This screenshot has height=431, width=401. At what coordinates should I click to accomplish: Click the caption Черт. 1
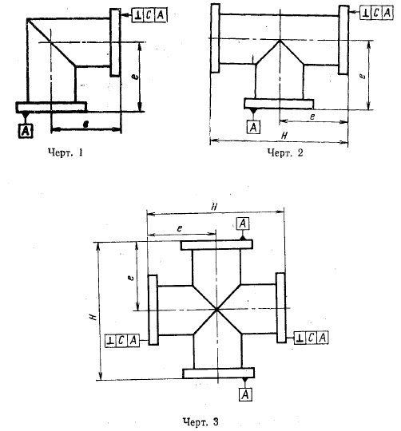66,152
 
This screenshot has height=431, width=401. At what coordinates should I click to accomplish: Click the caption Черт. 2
285,152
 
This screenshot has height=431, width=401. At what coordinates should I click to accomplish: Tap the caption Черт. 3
200,421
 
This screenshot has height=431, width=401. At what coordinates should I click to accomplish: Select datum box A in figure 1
26,131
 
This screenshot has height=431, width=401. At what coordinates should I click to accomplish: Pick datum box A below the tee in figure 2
253,127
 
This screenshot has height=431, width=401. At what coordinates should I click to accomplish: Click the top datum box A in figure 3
243,223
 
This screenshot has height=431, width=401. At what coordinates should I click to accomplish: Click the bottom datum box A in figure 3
245,395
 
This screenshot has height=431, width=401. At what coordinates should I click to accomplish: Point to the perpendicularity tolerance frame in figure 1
149,15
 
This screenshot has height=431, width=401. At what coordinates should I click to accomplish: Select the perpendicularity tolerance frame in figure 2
376,13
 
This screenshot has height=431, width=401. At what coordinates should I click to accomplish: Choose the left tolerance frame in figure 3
122,341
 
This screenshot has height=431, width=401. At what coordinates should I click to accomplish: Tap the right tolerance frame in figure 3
312,338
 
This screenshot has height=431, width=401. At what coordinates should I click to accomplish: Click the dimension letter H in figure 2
285,135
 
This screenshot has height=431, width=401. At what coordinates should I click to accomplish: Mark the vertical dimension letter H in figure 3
93,317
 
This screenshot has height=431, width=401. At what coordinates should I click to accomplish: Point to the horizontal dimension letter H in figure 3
214,208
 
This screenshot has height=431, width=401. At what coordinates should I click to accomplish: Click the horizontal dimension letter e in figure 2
312,117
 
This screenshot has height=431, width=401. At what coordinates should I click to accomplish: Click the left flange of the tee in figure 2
216,38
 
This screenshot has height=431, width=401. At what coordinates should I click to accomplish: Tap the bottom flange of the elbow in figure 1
51,107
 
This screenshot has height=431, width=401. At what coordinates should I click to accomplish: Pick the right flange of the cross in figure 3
280,307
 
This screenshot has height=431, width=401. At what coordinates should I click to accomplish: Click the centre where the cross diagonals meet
216,310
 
